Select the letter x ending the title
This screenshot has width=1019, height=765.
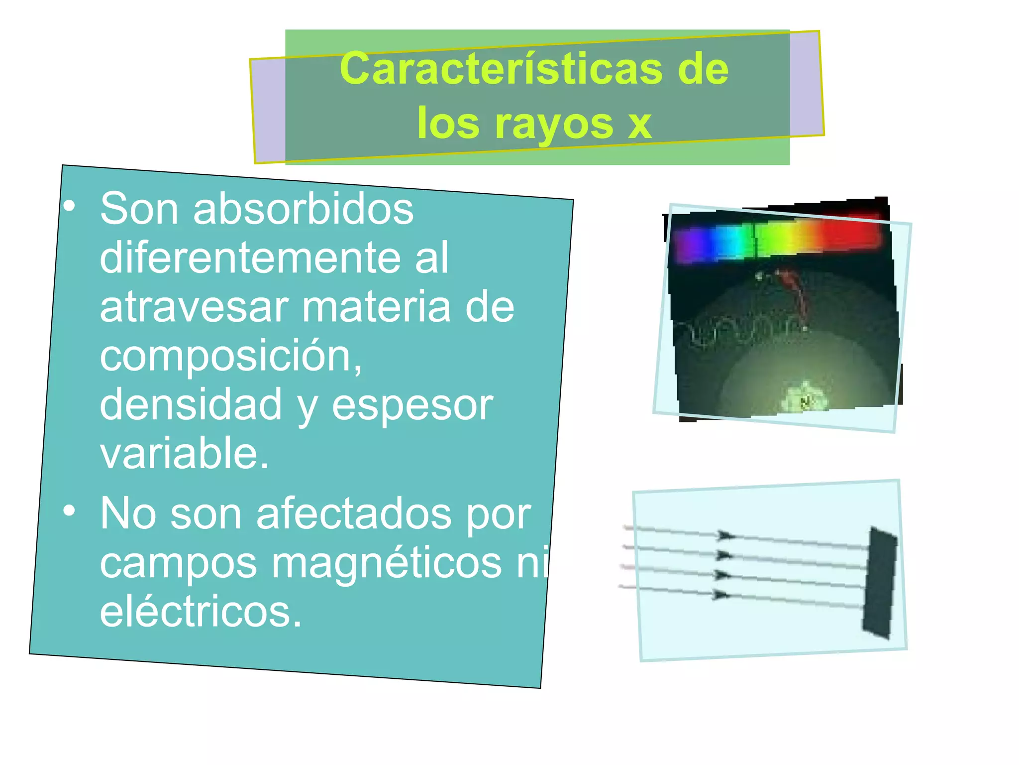tap(639, 125)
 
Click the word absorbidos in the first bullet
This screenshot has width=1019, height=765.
tap(303, 209)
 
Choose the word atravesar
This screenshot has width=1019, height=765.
tap(194, 307)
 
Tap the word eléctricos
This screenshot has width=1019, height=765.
tap(201, 612)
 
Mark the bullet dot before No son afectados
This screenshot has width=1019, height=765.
tap(70, 510)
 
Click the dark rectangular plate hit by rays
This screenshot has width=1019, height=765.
tap(880, 581)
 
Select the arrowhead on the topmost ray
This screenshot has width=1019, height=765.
tap(725, 536)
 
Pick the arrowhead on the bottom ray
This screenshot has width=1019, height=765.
tap(721, 595)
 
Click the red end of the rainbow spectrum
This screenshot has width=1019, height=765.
tap(853, 233)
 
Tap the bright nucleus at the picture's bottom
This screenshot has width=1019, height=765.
tap(804, 398)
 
